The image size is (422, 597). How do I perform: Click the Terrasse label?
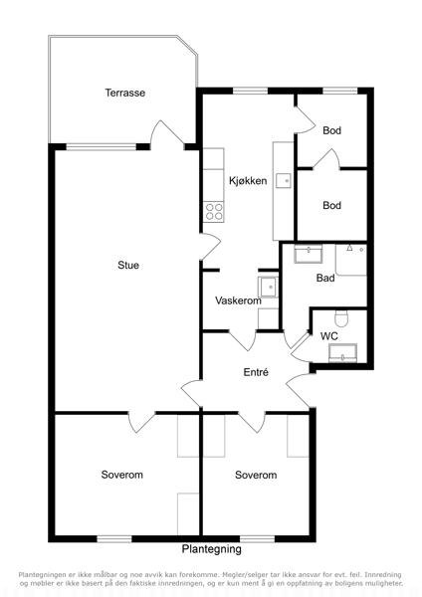click(125, 93)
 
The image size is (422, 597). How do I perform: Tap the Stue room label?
click(128, 265)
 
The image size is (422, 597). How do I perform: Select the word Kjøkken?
click(248, 180)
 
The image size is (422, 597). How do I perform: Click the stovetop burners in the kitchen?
click(214, 212)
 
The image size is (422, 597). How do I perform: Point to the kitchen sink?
click(284, 181)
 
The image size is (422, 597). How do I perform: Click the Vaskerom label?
click(238, 300)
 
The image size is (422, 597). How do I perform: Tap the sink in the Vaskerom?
click(268, 288)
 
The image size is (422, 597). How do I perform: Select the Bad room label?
click(325, 278)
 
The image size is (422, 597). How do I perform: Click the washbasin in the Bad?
click(309, 254)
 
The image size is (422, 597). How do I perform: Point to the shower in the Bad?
click(350, 260)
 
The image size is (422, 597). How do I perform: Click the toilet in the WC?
click(340, 319)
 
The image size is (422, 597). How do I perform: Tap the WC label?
click(329, 336)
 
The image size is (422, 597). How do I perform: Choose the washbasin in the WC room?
click(342, 353)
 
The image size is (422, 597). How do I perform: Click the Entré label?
click(256, 372)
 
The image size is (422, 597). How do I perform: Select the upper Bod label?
click(331, 130)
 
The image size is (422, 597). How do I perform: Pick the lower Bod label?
click(331, 205)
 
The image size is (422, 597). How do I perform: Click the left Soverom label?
click(121, 475)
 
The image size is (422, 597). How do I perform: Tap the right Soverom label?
click(256, 475)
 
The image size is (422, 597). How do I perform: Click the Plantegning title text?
click(211, 549)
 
